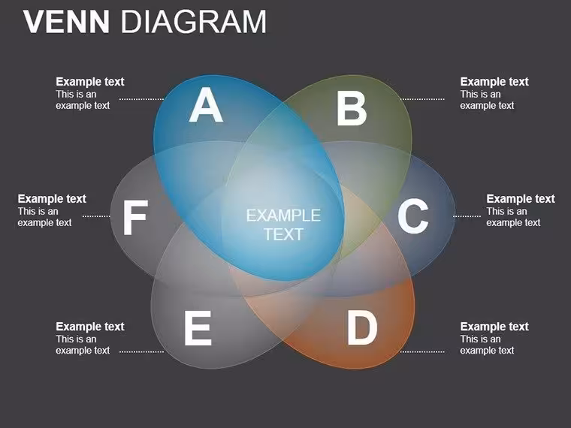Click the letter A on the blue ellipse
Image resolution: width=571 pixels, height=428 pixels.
coord(206,105)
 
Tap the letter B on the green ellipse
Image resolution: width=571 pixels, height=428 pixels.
coord(352,108)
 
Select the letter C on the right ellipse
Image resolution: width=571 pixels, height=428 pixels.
coord(412,216)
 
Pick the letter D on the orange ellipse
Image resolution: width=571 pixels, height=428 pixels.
coord(362,327)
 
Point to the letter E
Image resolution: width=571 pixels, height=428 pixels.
coord(198,328)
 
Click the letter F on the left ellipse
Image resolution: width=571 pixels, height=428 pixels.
coord(135,217)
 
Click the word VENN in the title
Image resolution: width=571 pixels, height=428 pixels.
coord(66,22)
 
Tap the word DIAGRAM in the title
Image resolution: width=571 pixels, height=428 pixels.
coord(193,22)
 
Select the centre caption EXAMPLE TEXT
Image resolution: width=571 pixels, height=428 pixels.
coord(283,225)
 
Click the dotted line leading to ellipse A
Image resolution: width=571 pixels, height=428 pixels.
coord(142,99)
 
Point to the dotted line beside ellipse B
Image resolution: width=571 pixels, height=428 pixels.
coord(422,99)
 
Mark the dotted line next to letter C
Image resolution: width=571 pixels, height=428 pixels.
coord(467,216)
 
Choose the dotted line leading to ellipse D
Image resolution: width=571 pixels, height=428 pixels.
coord(422,352)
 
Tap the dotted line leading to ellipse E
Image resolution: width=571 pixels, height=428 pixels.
coord(142,352)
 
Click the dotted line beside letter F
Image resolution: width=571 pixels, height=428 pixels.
coord(96,216)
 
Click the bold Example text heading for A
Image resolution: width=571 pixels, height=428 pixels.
coord(90,82)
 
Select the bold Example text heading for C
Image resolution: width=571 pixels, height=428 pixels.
coord(521,199)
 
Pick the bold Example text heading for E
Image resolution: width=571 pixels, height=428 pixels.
coord(90,327)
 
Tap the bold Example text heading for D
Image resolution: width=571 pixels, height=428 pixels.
coord(494,327)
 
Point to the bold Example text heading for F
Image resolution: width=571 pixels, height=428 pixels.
coord(52,199)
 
